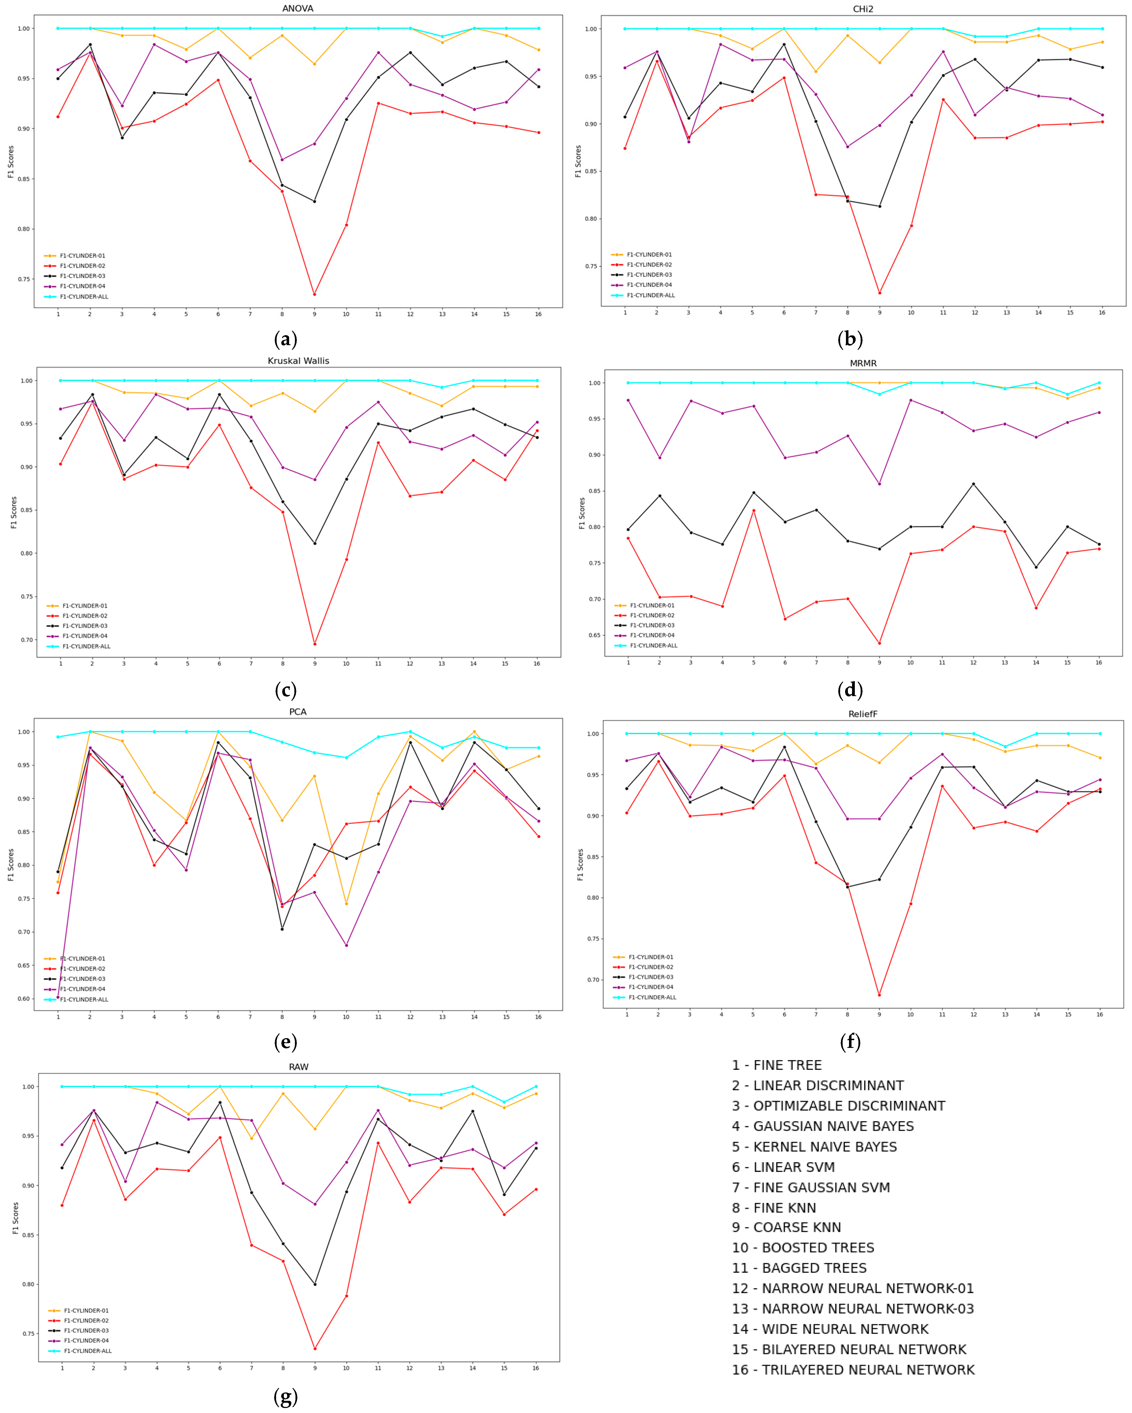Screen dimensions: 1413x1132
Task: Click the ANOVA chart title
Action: (x=298, y=9)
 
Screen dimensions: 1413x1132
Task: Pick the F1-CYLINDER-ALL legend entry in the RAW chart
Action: (x=87, y=1351)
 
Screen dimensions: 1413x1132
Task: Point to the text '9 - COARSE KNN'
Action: (x=786, y=1227)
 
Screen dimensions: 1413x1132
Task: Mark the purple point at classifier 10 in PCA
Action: (x=346, y=945)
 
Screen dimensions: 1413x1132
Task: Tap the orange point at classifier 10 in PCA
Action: (x=346, y=904)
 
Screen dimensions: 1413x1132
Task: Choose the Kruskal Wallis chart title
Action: (x=298, y=360)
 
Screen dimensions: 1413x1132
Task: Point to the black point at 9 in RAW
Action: (x=315, y=1284)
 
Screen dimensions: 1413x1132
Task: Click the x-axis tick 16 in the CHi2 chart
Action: (x=1102, y=313)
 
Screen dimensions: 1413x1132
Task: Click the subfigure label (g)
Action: (x=285, y=1397)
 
